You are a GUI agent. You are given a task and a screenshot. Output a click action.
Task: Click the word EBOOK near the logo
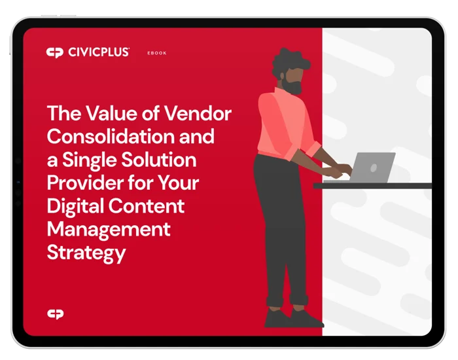click(157, 53)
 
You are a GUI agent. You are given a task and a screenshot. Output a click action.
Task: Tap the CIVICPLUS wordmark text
click(98, 52)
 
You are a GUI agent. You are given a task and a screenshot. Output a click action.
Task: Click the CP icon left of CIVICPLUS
click(54, 52)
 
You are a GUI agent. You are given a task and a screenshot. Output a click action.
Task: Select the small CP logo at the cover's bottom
click(56, 314)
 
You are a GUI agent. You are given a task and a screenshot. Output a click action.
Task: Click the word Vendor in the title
click(198, 113)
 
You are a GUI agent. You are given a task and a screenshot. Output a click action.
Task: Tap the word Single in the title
click(89, 160)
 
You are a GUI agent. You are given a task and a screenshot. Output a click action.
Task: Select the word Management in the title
click(109, 230)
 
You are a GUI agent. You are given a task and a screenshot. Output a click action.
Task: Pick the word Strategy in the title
click(86, 253)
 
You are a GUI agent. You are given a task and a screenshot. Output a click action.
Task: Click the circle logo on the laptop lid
click(374, 168)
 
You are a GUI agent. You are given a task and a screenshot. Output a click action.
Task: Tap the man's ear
click(282, 77)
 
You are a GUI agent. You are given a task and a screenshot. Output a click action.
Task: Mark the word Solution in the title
click(158, 160)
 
